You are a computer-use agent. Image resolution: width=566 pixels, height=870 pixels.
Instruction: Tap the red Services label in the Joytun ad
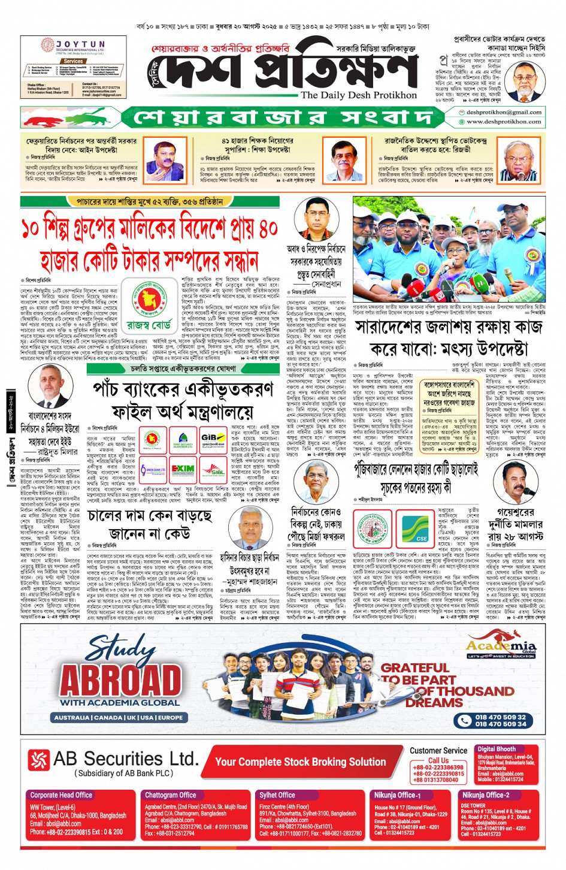coord(73,61)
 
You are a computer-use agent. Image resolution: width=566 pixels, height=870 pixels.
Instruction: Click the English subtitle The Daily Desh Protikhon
coord(358,95)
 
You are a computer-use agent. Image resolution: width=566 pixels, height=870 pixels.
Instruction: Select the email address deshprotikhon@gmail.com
coord(504,112)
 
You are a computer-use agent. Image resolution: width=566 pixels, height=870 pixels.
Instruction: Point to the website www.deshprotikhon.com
coord(504,122)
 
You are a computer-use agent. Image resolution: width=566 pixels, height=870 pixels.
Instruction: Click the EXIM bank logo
coord(183,469)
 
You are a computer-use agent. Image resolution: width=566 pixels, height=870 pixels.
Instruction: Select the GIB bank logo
coord(213,439)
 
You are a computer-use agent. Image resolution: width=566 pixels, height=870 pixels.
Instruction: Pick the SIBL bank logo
coord(213,469)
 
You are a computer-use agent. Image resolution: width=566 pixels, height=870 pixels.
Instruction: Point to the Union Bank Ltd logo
coord(153,469)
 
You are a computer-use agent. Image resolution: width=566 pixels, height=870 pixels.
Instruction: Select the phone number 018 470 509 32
coord(500,717)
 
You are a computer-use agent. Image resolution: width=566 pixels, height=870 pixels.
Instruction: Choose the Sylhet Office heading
coord(277,795)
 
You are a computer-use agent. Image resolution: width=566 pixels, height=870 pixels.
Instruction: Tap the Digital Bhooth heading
coord(497,748)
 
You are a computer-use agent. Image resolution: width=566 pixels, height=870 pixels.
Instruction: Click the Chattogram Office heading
coord(171,795)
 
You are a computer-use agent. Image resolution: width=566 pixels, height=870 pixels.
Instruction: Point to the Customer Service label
coord(438,750)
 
